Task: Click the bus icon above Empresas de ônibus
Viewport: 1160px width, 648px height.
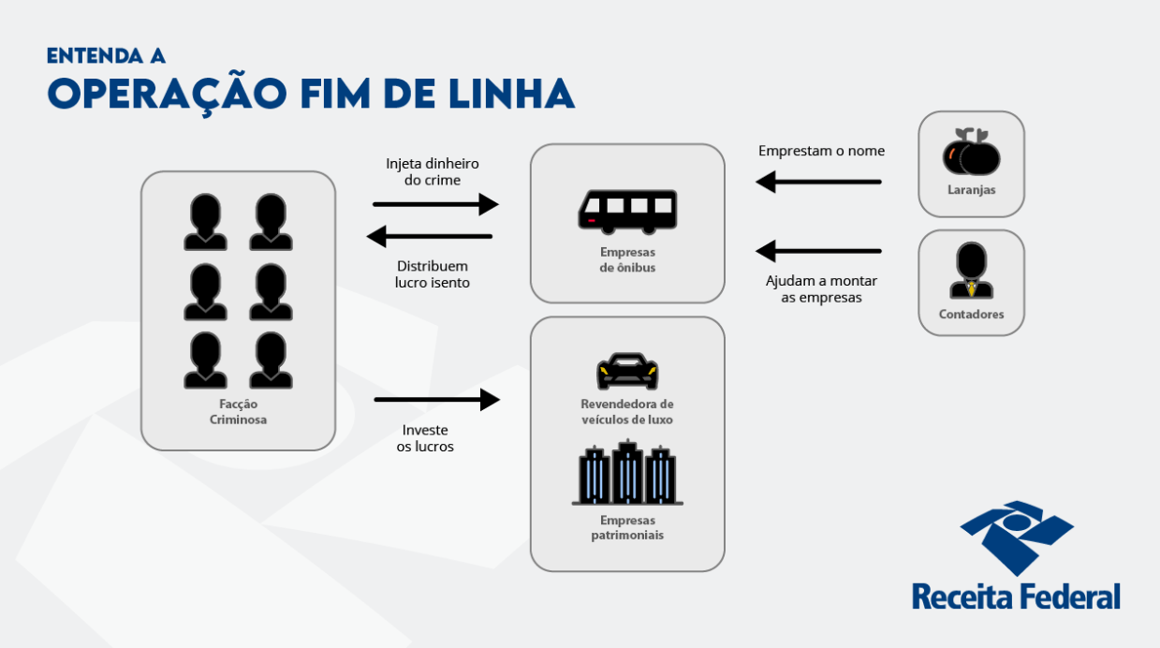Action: pyautogui.click(x=627, y=211)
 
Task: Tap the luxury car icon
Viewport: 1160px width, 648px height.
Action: pyautogui.click(x=627, y=371)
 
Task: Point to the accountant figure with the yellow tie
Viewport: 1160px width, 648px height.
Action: pyautogui.click(x=971, y=272)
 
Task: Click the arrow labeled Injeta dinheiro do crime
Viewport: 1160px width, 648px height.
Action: pyautogui.click(x=435, y=204)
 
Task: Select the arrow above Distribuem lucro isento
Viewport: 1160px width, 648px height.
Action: pyautogui.click(x=430, y=236)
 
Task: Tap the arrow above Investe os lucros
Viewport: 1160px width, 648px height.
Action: pyautogui.click(x=437, y=400)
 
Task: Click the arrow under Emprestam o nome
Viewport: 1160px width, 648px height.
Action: pyautogui.click(x=818, y=181)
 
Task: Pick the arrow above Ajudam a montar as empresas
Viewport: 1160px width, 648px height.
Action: pyautogui.click(x=818, y=251)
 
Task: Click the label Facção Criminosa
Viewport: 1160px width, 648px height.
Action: pyautogui.click(x=238, y=412)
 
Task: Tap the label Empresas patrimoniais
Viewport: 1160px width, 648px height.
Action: pyautogui.click(x=627, y=527)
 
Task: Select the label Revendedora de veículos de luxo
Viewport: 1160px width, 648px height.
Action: pyautogui.click(x=627, y=412)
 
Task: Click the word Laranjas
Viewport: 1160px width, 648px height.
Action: pyautogui.click(x=971, y=190)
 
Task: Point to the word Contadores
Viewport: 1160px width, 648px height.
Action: pyautogui.click(x=971, y=315)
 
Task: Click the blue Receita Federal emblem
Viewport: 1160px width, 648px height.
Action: pyautogui.click(x=1016, y=537)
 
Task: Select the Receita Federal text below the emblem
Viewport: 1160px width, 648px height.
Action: pyautogui.click(x=1016, y=596)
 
